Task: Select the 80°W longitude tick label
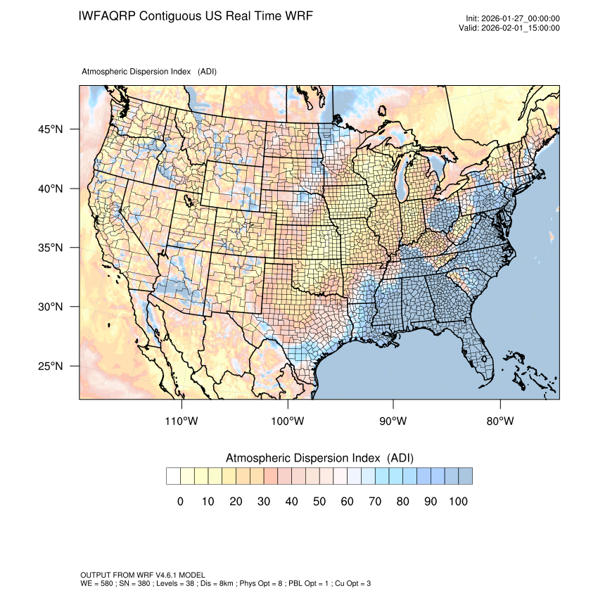tap(500, 421)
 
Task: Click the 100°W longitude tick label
tap(288, 421)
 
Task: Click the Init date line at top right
tap(513, 18)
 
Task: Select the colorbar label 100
tap(458, 501)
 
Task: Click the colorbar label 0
tap(180, 501)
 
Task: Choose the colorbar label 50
tap(319, 501)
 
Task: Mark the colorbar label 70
tap(375, 501)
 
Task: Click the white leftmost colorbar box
tap(173, 476)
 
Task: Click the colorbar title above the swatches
tap(319, 458)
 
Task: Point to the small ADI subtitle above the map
tap(149, 72)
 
